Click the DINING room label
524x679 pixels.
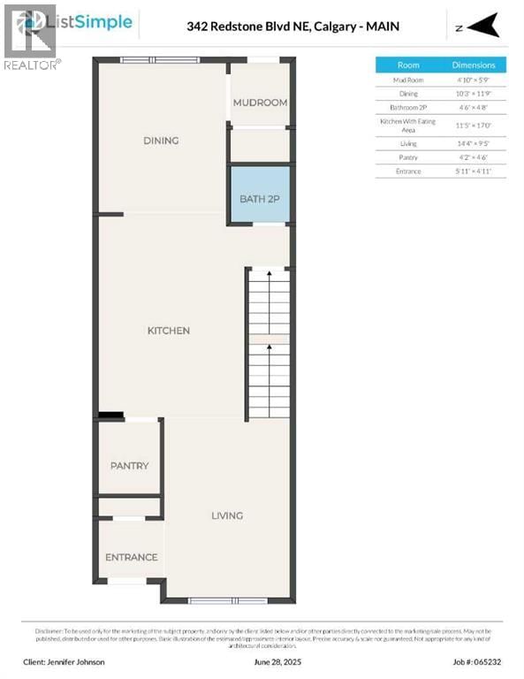(161, 141)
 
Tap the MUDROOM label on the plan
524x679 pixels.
(260, 103)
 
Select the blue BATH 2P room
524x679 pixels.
(260, 198)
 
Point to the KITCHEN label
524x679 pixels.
(168, 331)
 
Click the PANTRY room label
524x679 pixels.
(129, 466)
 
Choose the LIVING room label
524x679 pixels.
(226, 515)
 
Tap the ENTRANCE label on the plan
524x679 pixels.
(131, 557)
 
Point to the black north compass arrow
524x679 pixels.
(484, 27)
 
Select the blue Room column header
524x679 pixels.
(408, 65)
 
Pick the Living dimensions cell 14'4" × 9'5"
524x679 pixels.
(474, 143)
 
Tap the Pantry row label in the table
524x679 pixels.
(408, 156)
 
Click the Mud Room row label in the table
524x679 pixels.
(408, 80)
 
